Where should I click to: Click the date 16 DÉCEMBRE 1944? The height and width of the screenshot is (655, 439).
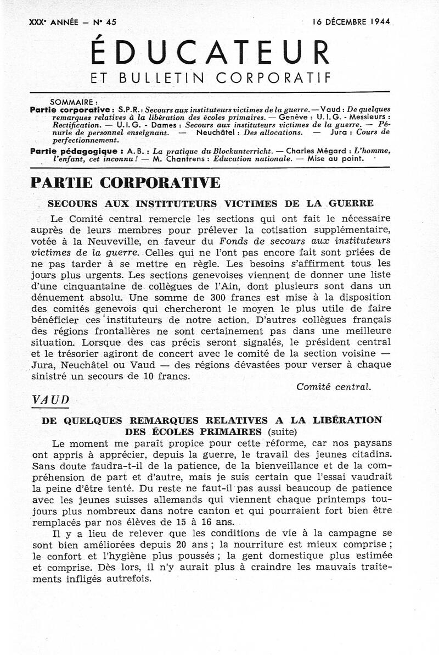(351, 22)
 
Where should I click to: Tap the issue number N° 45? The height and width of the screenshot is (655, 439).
(111, 22)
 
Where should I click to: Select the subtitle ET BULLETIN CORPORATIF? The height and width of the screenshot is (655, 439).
(211, 78)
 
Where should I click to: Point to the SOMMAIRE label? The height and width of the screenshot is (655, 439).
(74, 102)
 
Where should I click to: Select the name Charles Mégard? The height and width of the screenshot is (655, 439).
(317, 150)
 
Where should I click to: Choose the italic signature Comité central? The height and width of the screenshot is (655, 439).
(334, 386)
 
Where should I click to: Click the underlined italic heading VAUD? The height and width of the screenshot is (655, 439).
(50, 400)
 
